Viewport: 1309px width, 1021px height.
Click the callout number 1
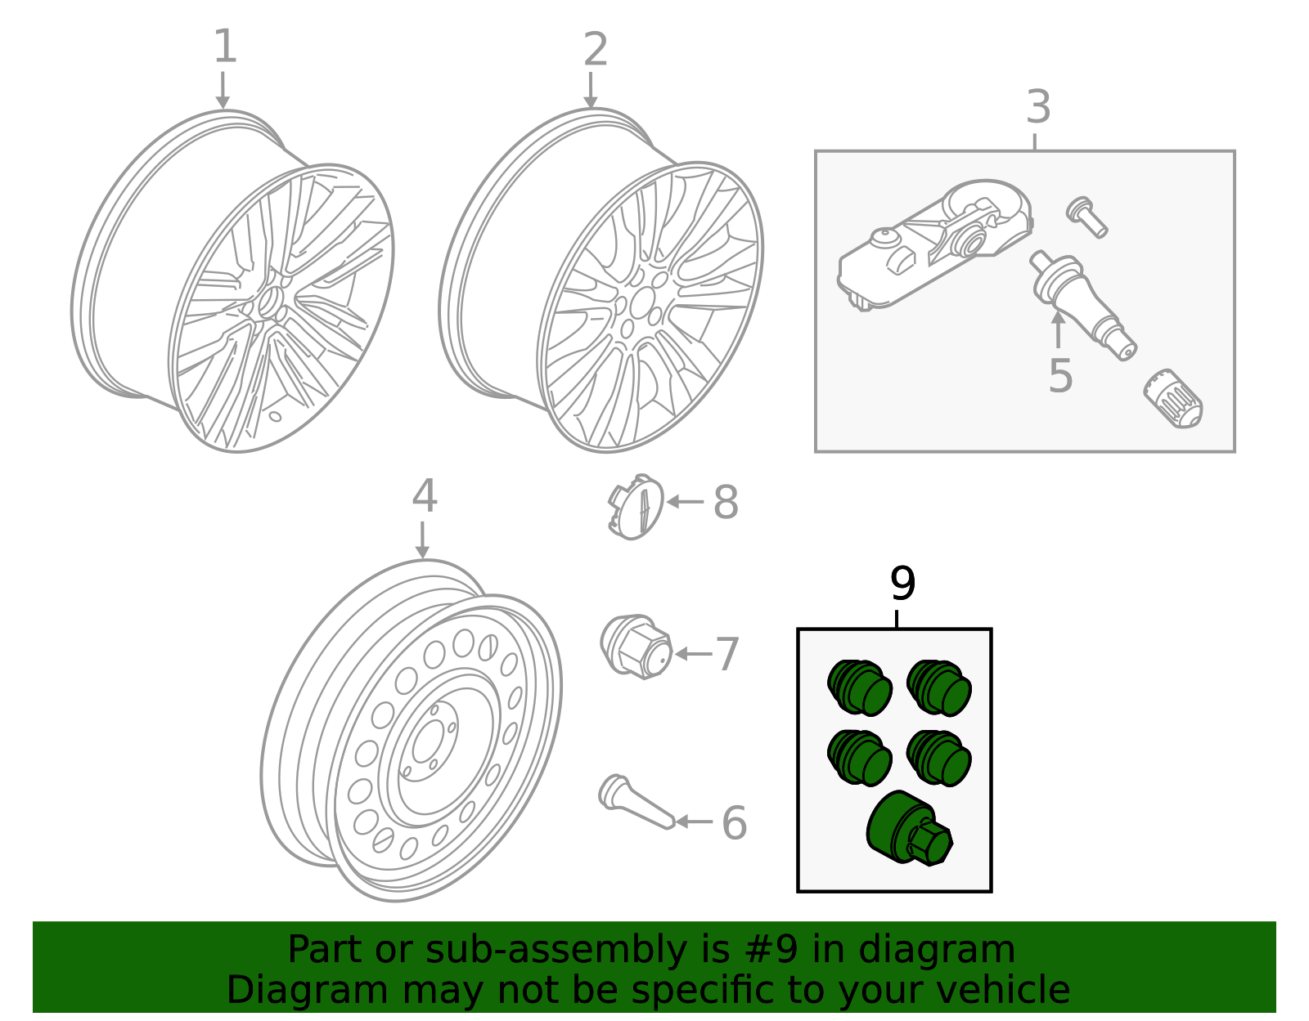pos(224,47)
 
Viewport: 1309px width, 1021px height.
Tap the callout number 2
pos(595,50)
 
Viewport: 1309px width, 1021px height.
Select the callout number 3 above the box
pos(1037,107)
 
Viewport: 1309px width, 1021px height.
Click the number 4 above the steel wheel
pos(424,496)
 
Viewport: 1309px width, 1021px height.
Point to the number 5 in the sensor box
pos(1059,376)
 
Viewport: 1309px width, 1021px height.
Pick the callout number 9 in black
pos(902,584)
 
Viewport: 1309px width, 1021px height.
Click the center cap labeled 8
pos(636,507)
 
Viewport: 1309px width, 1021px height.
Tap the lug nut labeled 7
pos(636,647)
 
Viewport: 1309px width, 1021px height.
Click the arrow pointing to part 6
pos(694,822)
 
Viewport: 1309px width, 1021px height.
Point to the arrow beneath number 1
pos(223,90)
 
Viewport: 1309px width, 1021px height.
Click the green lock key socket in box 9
pos(909,829)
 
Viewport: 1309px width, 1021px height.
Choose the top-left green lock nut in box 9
pos(858,688)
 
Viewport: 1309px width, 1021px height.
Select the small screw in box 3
pos(1086,216)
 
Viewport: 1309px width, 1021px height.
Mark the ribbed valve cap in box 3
pos(1173,398)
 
